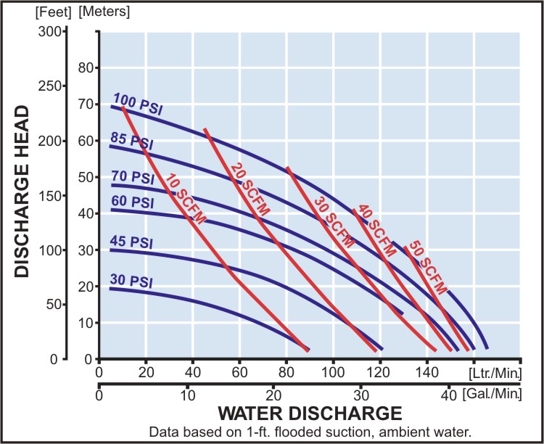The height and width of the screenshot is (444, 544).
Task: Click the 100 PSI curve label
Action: pyautogui.click(x=139, y=104)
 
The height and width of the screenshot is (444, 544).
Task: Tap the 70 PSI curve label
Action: pyautogui.click(x=133, y=176)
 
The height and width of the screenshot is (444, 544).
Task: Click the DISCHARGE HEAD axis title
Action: pyautogui.click(x=22, y=192)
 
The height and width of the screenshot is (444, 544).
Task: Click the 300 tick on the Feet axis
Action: pyautogui.click(x=49, y=32)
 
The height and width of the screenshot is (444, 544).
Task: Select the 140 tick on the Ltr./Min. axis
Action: pyautogui.click(x=426, y=373)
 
